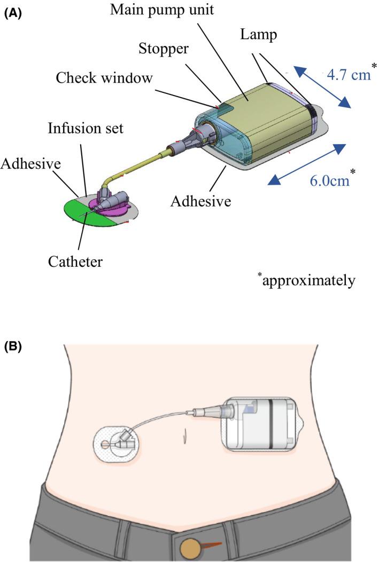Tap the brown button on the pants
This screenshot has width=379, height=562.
pyautogui.click(x=189, y=548)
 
